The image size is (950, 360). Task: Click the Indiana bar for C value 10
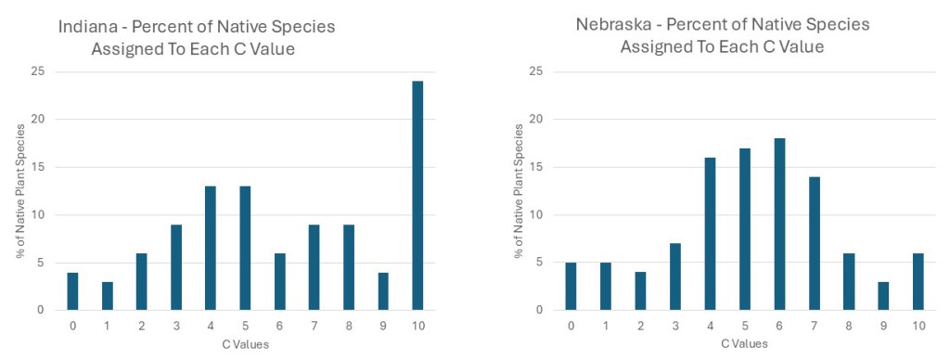[x=417, y=196]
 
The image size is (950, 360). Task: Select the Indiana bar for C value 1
[x=107, y=296]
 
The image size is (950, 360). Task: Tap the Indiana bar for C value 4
[x=211, y=249]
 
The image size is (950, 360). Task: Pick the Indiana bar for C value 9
[x=383, y=291]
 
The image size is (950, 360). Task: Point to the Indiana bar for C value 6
[x=279, y=282]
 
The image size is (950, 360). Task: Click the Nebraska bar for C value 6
[x=779, y=225]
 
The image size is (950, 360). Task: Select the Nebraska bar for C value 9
[x=883, y=296]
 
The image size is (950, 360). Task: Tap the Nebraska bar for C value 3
[x=675, y=277]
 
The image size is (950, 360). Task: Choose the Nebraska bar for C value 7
[x=814, y=244]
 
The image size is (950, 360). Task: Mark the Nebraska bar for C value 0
[x=571, y=287]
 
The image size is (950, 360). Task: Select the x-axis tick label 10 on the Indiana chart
[x=417, y=326]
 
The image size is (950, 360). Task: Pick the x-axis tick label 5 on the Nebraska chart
[x=745, y=326]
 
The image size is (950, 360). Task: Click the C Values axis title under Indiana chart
[x=245, y=345]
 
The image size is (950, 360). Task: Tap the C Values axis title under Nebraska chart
[x=745, y=344]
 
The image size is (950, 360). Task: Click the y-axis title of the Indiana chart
[x=20, y=191]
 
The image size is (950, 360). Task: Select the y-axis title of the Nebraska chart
[x=520, y=191]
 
